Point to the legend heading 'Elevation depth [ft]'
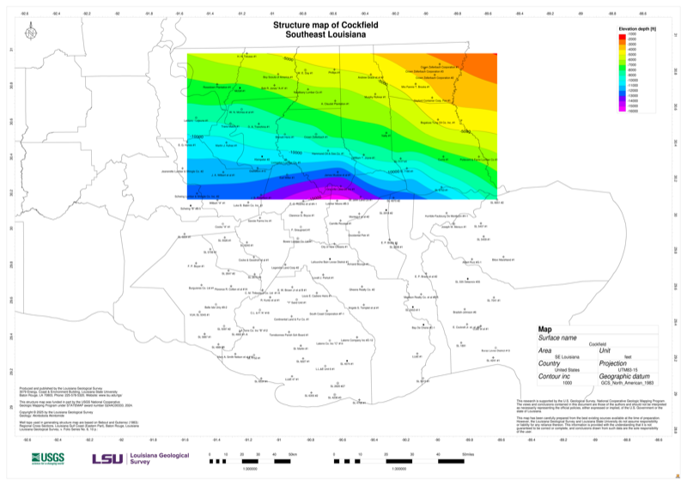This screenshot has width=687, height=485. (x=637, y=28)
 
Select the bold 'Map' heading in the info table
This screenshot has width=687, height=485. (x=545, y=330)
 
